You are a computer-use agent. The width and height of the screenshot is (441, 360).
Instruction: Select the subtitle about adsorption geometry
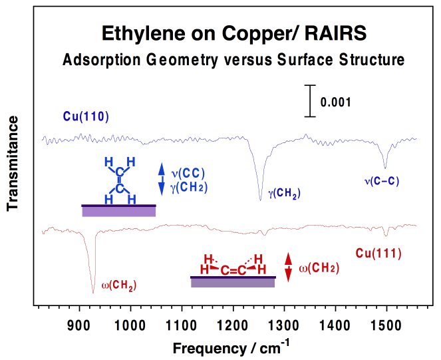[233, 59]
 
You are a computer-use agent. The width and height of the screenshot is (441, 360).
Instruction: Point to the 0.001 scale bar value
[335, 102]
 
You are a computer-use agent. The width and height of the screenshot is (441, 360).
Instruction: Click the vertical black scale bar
[309, 101]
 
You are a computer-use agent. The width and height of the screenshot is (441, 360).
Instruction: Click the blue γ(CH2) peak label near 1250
[284, 194]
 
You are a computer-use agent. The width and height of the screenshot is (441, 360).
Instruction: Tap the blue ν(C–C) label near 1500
[382, 180]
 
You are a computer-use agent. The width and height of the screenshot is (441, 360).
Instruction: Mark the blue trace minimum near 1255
[260, 199]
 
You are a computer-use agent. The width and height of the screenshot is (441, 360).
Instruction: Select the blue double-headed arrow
[161, 180]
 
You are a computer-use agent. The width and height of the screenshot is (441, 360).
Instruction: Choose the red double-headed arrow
[288, 268]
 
